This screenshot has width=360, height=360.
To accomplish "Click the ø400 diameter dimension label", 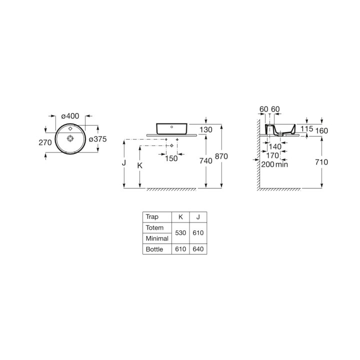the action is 70,116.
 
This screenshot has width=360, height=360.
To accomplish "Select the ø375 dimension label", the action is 98,139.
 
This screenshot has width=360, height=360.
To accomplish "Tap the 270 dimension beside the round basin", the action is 45,142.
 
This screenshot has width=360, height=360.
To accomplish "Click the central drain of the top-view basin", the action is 70,138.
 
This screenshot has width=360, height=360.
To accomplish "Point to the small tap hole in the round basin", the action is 70,128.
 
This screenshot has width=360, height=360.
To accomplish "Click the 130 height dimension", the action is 206,129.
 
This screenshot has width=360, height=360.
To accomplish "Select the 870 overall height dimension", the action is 221,156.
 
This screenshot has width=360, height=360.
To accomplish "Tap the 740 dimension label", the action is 205,161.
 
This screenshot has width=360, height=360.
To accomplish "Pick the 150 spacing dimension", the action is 171,158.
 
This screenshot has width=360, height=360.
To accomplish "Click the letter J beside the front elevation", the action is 124,163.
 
